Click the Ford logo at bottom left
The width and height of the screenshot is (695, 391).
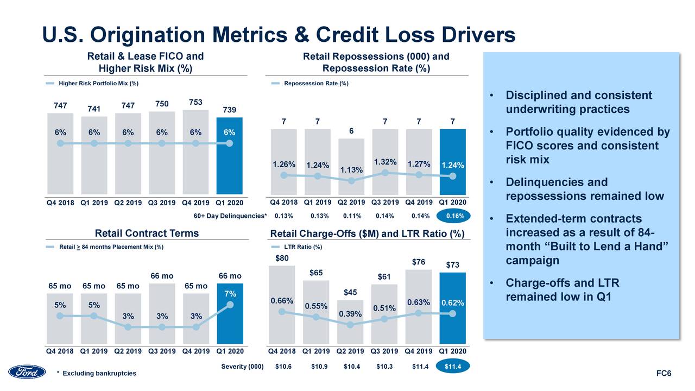click(x=27, y=372)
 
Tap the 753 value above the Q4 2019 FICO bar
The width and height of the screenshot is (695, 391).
click(x=195, y=103)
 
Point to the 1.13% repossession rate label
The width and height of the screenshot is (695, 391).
click(x=351, y=171)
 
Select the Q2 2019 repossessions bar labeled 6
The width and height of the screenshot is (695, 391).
click(x=351, y=166)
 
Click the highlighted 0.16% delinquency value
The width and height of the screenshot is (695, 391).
click(x=454, y=216)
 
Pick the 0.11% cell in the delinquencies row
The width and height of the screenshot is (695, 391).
click(x=352, y=216)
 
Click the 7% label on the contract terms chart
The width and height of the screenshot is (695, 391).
click(x=230, y=294)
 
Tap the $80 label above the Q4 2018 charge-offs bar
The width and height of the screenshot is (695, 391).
click(x=282, y=258)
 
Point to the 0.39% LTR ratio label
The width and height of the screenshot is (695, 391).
click(x=350, y=314)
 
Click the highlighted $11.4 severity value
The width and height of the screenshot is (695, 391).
click(x=453, y=367)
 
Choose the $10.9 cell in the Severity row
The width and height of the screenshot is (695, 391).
click(x=319, y=367)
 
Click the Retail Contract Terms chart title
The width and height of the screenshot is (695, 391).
click(x=147, y=234)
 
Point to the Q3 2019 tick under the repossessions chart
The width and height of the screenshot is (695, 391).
click(x=385, y=203)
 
